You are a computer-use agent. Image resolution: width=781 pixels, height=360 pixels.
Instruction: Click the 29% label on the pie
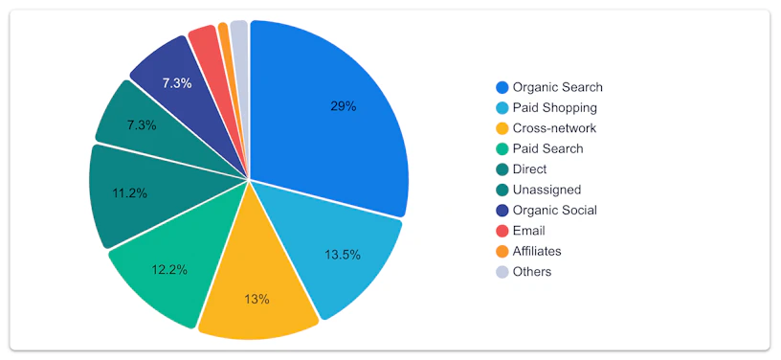tap(344, 106)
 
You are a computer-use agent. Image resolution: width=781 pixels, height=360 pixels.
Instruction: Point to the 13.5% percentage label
tap(343, 255)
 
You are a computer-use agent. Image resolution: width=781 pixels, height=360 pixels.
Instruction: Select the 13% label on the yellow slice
tap(257, 300)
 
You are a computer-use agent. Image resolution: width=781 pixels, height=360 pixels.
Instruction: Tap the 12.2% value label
tap(169, 270)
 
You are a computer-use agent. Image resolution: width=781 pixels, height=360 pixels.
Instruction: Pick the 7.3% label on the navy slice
tap(177, 83)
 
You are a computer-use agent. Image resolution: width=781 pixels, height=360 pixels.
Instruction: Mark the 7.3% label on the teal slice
tap(142, 125)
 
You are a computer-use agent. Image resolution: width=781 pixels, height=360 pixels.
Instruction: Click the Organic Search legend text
tap(557, 88)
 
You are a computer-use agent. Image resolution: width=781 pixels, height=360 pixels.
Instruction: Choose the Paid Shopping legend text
tap(554, 108)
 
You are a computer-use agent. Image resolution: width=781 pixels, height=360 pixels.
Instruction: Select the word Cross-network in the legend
tap(554, 128)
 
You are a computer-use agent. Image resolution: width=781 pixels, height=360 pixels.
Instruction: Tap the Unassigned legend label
tap(547, 190)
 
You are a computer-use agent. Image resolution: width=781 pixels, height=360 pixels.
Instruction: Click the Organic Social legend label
tap(554, 210)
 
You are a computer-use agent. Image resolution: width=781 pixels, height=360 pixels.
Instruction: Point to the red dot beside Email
tap(502, 231)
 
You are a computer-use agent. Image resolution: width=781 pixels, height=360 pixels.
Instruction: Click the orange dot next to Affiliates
tap(502, 252)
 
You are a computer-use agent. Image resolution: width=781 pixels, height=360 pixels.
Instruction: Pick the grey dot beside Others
tap(502, 272)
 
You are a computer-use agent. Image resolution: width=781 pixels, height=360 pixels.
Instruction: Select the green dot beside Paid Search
tap(502, 148)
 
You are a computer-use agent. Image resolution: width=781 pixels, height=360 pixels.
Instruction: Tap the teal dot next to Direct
tap(502, 169)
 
